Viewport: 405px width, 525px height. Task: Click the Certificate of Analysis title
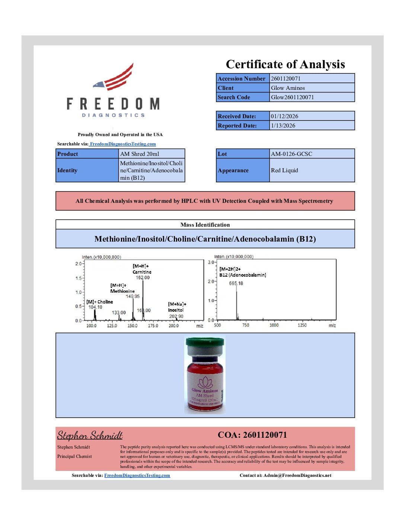(285, 65)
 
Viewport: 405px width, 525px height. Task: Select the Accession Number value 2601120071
(286, 78)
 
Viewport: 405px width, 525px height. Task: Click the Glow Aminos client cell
(288, 88)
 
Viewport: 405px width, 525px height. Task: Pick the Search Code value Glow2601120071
(292, 97)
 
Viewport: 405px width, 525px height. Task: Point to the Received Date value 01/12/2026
(284, 116)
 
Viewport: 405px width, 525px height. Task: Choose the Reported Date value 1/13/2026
(283, 126)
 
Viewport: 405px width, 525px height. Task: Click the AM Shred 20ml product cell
(140, 154)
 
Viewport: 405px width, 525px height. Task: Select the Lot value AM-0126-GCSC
(291, 154)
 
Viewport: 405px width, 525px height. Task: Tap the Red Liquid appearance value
(284, 170)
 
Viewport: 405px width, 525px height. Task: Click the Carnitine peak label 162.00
(143, 278)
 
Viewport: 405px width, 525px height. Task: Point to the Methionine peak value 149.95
(133, 296)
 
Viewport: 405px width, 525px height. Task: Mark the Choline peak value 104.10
(95, 307)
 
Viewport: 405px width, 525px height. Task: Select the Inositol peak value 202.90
(176, 316)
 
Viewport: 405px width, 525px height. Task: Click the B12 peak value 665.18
(236, 283)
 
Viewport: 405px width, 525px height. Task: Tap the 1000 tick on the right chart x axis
(274, 325)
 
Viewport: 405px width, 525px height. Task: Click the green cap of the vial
(205, 342)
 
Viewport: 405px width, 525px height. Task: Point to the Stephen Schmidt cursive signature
(90, 436)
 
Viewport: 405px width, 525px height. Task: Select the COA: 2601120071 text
(252, 435)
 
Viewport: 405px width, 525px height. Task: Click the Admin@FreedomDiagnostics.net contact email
(297, 475)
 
